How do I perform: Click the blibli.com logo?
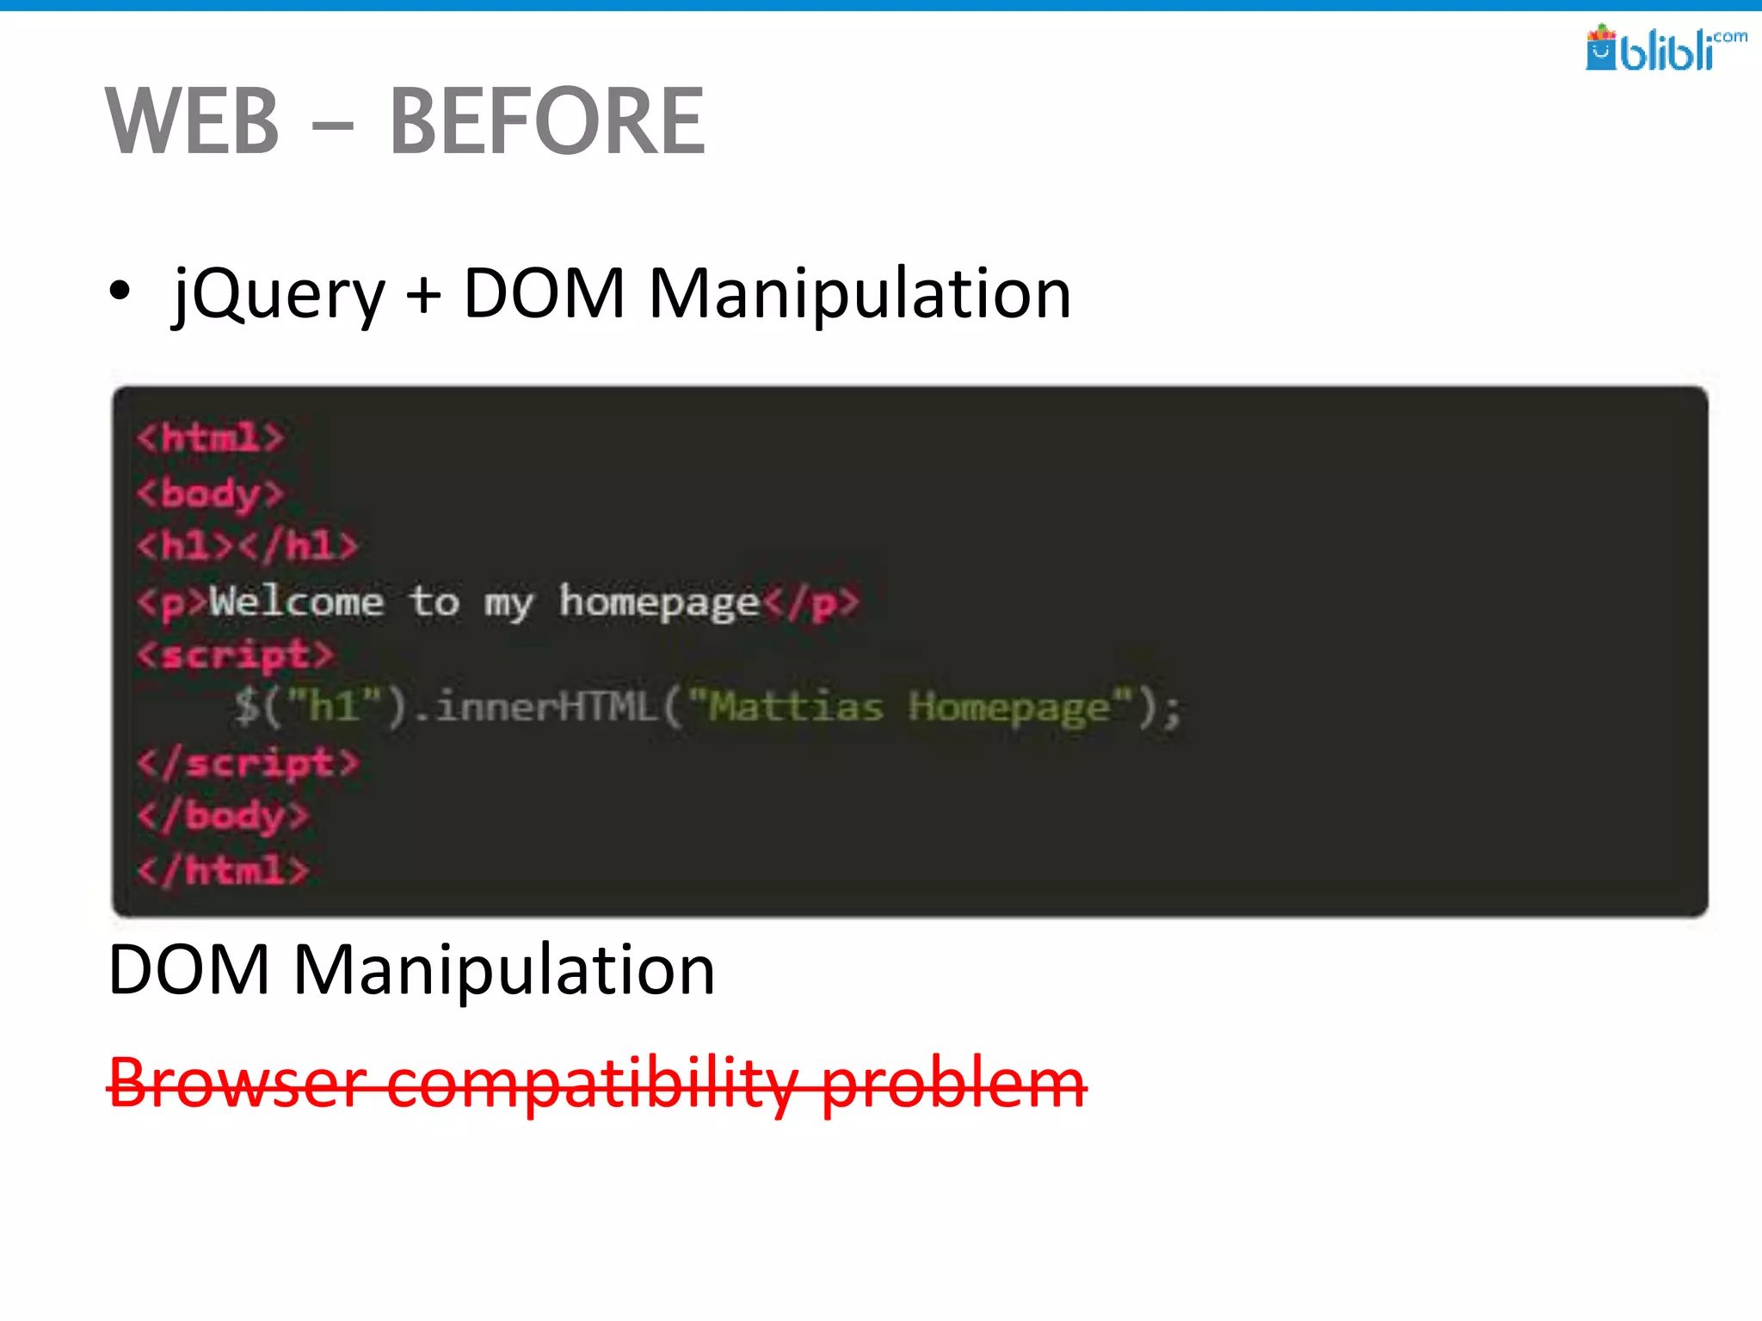(x=1665, y=48)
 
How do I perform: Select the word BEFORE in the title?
(x=547, y=121)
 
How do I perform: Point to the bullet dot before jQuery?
(x=120, y=291)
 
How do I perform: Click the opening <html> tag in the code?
(x=210, y=438)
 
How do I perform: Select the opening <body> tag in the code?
(x=210, y=494)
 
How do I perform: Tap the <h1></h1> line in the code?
(x=247, y=546)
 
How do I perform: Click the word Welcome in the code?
(x=297, y=601)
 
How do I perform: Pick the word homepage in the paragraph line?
(x=659, y=601)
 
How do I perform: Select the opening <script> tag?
(x=235, y=655)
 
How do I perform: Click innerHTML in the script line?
(x=545, y=707)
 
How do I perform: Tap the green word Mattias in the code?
(x=796, y=707)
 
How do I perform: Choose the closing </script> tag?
(x=248, y=763)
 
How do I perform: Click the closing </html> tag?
(x=223, y=870)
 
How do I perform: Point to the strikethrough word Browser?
(x=237, y=1083)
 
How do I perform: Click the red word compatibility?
(x=592, y=1083)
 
